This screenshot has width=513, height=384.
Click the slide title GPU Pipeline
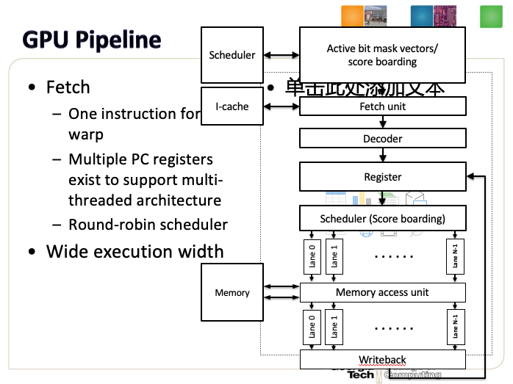click(x=92, y=40)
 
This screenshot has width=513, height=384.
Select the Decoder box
click(x=383, y=138)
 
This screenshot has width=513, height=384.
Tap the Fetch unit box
click(x=383, y=106)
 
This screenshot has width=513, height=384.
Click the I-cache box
click(x=232, y=106)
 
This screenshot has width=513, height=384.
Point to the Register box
click(x=383, y=177)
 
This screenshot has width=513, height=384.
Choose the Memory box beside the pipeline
click(x=232, y=293)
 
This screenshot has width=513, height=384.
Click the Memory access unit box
click(x=383, y=292)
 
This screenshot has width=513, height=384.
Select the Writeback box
click(x=383, y=360)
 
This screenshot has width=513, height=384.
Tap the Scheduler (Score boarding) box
click(x=383, y=218)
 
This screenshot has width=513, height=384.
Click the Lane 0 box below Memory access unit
click(x=311, y=325)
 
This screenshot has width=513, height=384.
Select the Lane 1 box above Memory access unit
click(x=334, y=256)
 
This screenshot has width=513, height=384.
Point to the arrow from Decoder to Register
click(x=383, y=155)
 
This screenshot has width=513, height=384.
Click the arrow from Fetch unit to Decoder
click(x=383, y=122)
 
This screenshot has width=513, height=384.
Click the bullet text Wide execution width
click(x=135, y=252)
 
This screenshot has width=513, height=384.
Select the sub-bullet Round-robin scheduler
click(x=148, y=225)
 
